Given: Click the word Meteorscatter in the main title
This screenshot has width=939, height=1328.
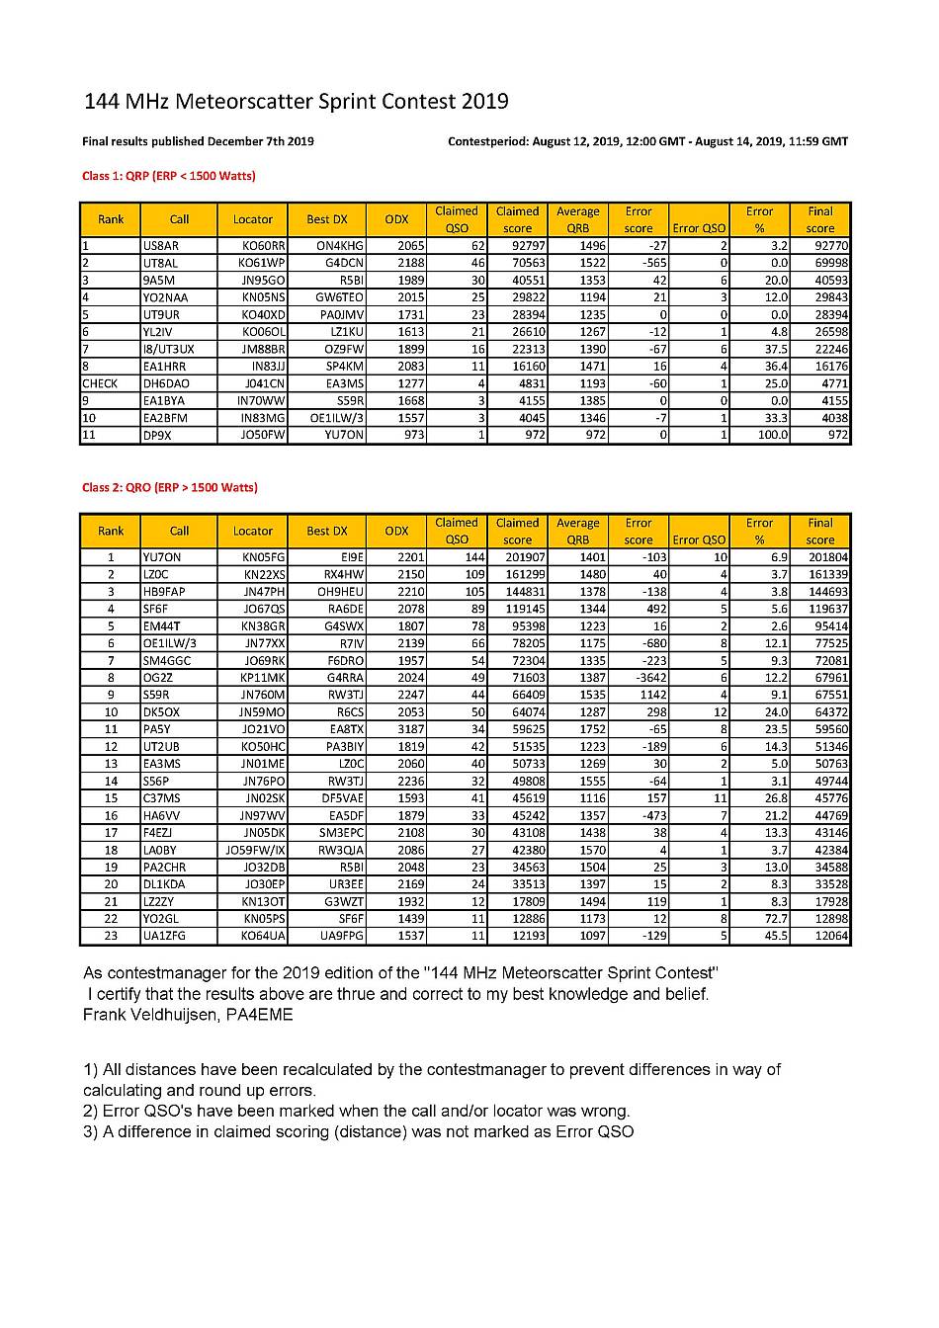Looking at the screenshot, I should coord(249,101).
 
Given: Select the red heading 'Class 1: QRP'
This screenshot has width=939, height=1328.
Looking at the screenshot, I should coord(168,176).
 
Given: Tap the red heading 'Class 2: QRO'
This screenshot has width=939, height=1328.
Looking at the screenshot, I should coord(170,487).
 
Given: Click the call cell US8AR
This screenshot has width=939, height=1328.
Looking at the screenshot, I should coord(160,245).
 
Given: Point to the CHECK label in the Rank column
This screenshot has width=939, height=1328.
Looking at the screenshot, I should coord(100,383).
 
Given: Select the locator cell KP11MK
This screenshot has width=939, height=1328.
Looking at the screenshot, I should coord(263,678).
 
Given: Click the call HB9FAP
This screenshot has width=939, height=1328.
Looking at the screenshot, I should coord(164,592).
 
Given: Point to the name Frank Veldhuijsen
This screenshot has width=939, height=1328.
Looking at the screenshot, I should coord(149,1015).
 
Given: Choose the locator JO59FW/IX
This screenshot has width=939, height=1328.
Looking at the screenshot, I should coord(256,850).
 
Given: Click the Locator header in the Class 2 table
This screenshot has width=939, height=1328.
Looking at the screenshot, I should coord(253,531).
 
